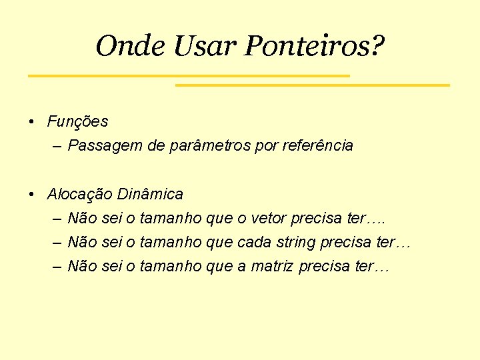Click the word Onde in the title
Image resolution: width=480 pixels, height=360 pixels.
click(x=131, y=46)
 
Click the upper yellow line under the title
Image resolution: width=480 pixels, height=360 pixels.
click(x=189, y=76)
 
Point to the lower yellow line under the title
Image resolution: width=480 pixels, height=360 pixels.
click(x=312, y=85)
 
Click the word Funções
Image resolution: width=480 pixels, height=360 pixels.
click(x=77, y=121)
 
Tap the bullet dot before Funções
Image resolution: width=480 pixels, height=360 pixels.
click(x=32, y=122)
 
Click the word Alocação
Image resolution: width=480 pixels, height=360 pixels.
click(x=79, y=194)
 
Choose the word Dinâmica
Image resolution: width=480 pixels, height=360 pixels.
click(x=150, y=194)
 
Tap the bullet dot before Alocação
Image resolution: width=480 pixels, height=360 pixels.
click(x=32, y=195)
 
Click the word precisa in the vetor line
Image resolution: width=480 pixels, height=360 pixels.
click(x=318, y=218)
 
